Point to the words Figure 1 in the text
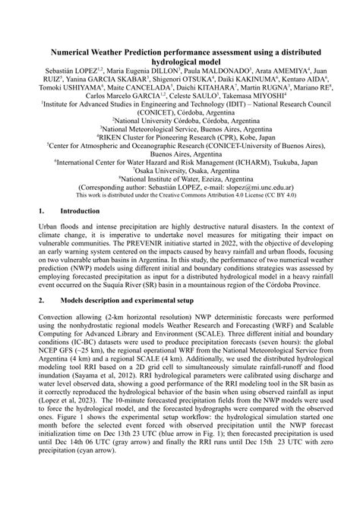[x=60, y=482]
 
